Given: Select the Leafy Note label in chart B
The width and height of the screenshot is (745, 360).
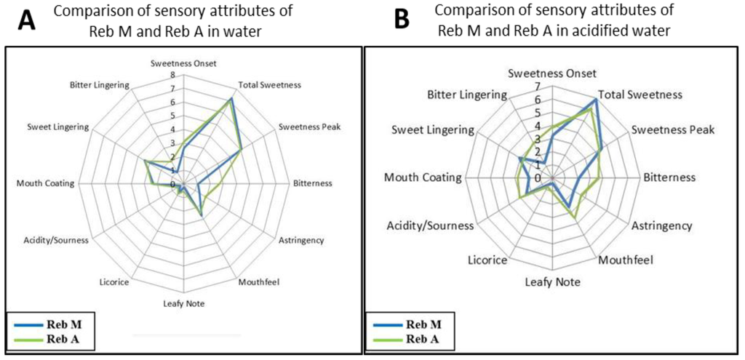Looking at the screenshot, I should click(553, 281).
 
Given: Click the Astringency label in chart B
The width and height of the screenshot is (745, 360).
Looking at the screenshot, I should click(662, 225).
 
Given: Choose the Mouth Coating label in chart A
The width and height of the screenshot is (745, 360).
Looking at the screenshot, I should click(45, 183).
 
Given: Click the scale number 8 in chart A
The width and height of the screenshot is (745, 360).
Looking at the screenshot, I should click(173, 74).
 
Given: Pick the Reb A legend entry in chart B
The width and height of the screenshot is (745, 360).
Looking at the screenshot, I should click(422, 339).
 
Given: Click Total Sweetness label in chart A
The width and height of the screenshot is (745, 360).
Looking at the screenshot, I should click(270, 85).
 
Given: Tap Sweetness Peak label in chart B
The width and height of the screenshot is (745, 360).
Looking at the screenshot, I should click(673, 130).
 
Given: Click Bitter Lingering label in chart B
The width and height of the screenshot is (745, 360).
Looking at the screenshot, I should click(466, 95).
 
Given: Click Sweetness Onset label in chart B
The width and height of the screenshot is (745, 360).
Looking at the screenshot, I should click(552, 73).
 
